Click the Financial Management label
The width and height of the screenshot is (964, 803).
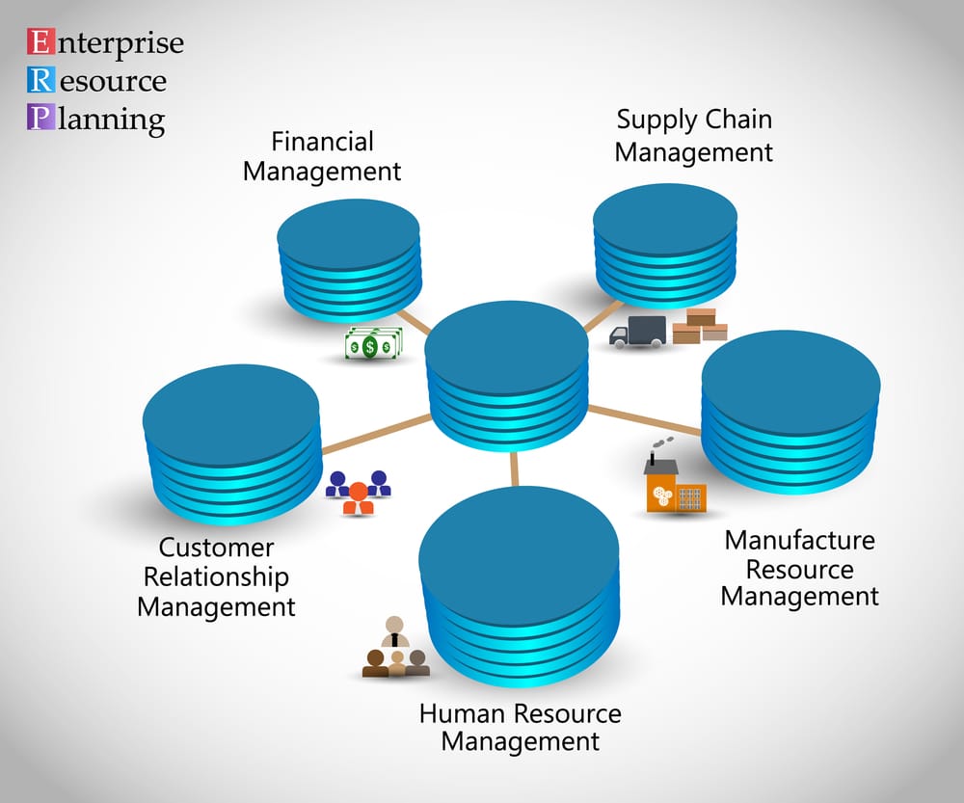tap(322, 156)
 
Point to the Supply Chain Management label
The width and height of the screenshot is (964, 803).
tap(694, 136)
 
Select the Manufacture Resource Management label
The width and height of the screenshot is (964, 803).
tap(799, 569)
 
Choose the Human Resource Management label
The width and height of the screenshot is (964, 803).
tap(521, 728)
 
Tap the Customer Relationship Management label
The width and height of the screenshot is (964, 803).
tap(216, 577)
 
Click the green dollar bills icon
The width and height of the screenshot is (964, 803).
tap(373, 344)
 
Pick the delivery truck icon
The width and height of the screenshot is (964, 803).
tap(638, 332)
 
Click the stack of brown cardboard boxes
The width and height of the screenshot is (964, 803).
tap(700, 326)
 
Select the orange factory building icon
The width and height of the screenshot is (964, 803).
tap(672, 483)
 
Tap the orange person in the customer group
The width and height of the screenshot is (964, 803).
tap(359, 495)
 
